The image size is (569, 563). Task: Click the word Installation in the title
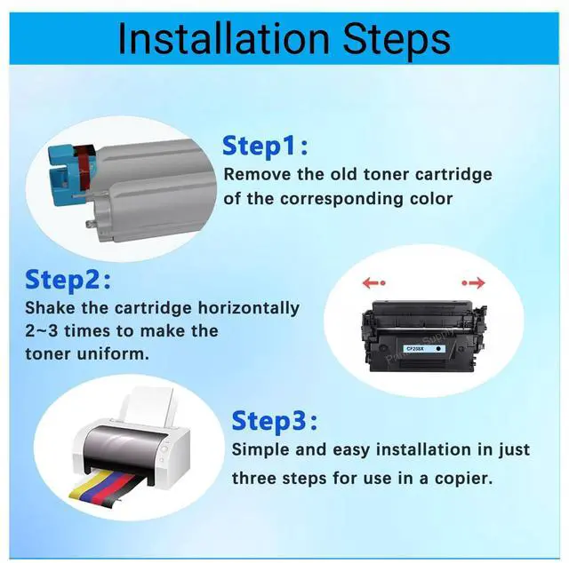[x=221, y=39]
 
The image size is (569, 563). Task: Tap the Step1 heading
[x=265, y=145]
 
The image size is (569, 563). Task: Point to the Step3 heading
[x=275, y=419]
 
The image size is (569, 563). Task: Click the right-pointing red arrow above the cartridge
[x=473, y=284]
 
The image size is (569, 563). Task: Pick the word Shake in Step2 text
[x=50, y=308]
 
